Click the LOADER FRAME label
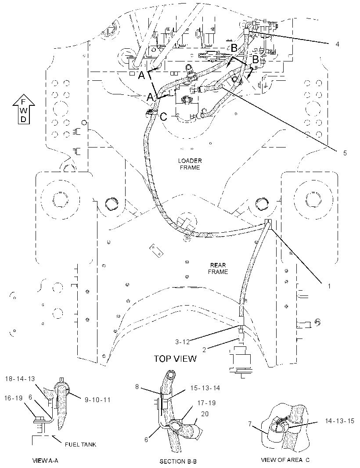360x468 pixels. click(x=190, y=164)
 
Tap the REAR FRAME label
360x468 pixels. click(x=218, y=268)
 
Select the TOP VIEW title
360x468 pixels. click(x=175, y=358)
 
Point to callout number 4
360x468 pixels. click(x=337, y=44)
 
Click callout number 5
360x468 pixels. click(x=345, y=153)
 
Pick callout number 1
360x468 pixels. click(x=329, y=286)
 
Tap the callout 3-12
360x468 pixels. click(x=182, y=342)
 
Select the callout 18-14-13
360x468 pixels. click(x=20, y=379)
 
